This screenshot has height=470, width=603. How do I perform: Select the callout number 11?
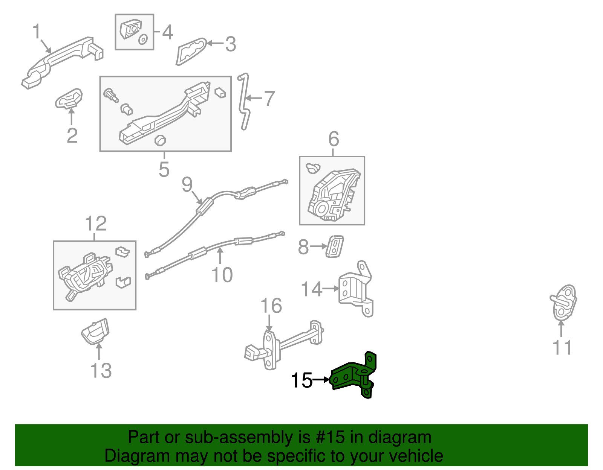[x=562, y=347]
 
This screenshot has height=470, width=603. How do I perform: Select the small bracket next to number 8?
[x=334, y=247]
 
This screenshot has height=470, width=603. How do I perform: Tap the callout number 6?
[x=334, y=139]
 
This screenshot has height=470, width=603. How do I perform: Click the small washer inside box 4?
[x=143, y=39]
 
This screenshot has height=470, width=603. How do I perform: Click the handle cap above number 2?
[x=69, y=98]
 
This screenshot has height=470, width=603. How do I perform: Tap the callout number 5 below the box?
[x=164, y=169]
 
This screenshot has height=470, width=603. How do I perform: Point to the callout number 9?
[x=187, y=184]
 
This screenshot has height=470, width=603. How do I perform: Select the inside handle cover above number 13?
[x=96, y=331]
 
